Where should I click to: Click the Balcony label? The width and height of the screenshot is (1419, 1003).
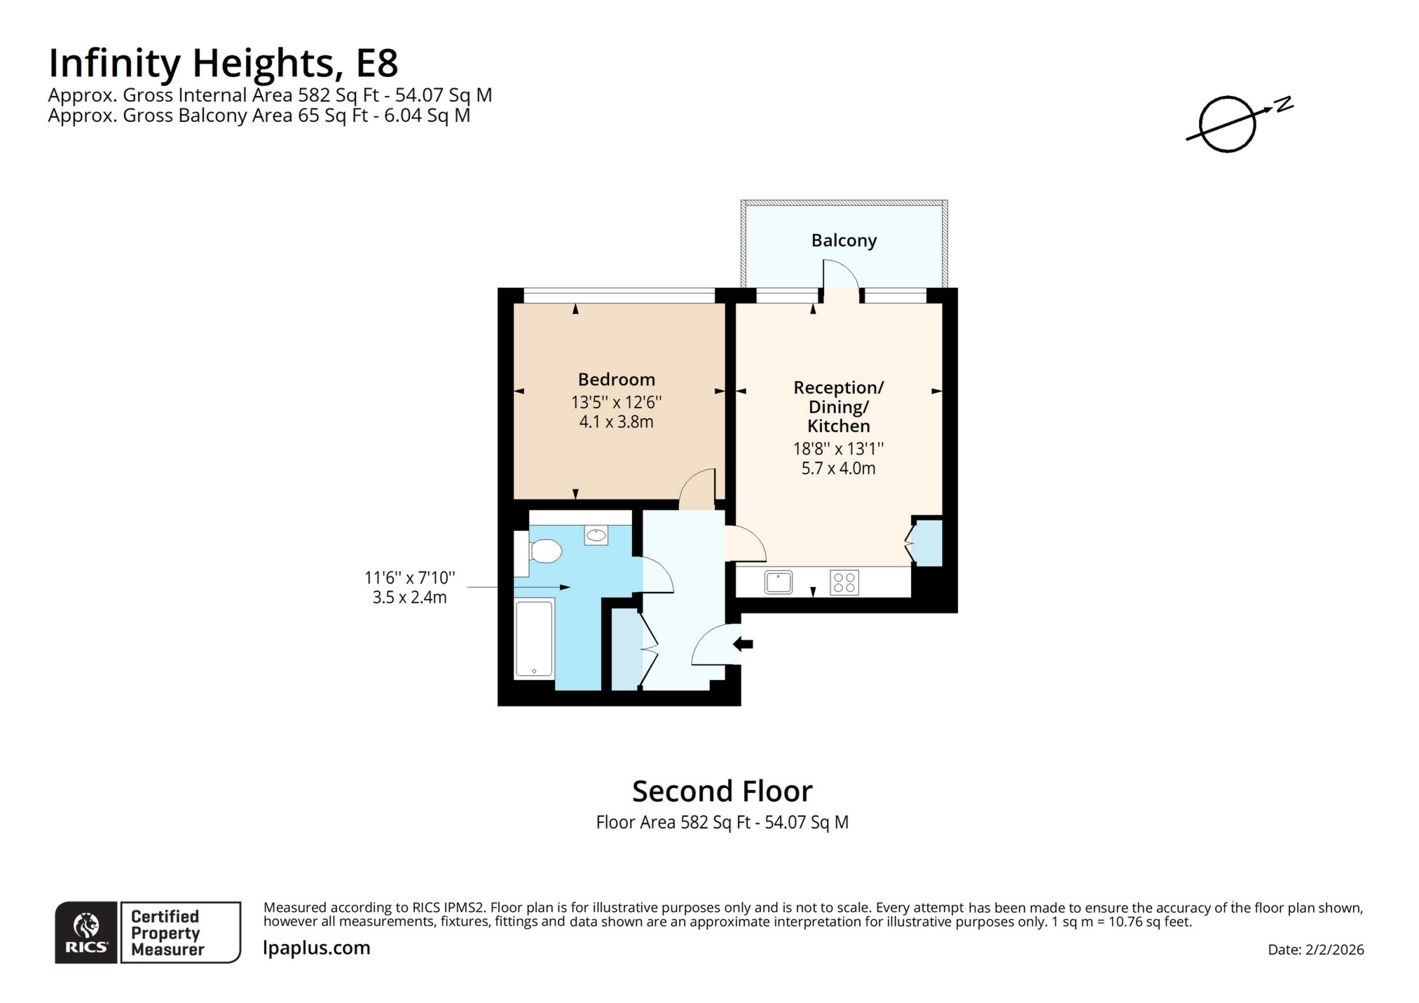[843, 240]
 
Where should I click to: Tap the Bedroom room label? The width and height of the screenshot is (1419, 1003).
[616, 380]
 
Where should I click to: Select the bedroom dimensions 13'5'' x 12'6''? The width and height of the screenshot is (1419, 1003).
[616, 402]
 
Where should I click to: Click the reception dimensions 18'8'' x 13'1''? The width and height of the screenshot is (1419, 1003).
[838, 448]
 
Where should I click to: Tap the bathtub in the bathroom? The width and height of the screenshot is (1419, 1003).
[534, 638]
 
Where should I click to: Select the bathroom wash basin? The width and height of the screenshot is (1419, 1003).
[596, 536]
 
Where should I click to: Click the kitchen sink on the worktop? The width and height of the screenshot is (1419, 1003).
[778, 582]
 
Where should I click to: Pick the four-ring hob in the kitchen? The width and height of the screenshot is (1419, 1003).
[844, 583]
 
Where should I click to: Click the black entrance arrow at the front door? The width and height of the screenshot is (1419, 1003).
[743, 644]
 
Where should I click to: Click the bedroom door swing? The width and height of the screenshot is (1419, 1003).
[697, 488]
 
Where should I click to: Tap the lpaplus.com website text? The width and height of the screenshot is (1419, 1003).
[316, 948]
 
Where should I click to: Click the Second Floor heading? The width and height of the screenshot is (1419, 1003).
[722, 791]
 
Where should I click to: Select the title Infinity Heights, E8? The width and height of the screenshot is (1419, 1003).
[223, 63]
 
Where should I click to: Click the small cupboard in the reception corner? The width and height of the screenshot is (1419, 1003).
[928, 542]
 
